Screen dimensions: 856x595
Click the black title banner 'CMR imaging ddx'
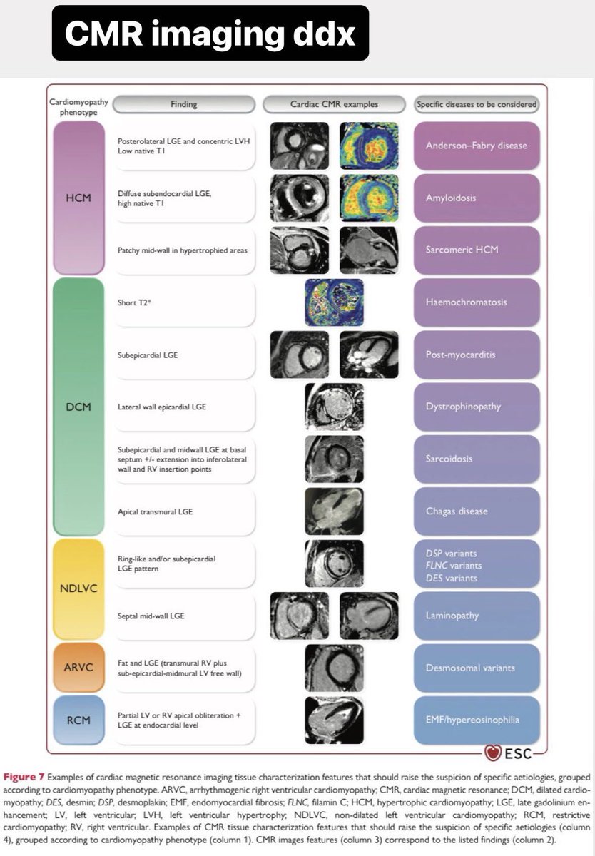point(210,33)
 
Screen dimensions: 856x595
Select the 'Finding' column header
point(183,104)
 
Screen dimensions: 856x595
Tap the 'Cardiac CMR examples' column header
point(334,104)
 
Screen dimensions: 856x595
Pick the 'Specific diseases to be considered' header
point(476,104)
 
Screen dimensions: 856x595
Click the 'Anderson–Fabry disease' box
point(476,146)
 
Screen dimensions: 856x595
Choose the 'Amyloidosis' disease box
point(476,198)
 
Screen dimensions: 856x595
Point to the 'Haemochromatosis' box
point(476,302)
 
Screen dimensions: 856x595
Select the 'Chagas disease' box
point(476,511)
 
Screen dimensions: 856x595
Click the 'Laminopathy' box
point(476,616)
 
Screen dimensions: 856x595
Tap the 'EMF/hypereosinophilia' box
point(476,720)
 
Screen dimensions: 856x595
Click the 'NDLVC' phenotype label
point(80,589)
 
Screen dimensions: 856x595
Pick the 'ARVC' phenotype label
point(80,668)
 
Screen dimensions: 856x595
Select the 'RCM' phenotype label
point(80,720)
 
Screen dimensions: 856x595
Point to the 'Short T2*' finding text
point(135,302)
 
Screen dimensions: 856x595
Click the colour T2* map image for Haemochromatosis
point(334,302)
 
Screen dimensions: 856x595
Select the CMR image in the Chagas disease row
point(334,511)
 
